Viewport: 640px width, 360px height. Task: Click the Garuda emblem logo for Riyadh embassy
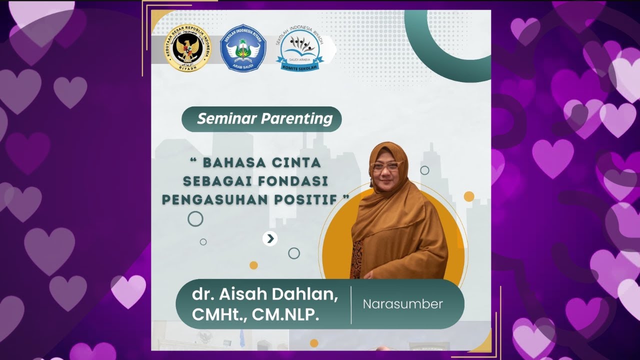(x=188, y=48)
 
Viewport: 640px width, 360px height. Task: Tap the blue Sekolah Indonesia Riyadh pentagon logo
(x=243, y=48)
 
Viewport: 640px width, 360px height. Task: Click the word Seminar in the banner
(x=227, y=119)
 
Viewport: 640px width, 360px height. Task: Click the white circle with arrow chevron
(x=270, y=238)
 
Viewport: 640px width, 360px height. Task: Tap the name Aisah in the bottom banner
(x=240, y=294)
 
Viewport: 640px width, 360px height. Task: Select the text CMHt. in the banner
(x=218, y=315)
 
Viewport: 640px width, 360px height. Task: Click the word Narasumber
(x=402, y=304)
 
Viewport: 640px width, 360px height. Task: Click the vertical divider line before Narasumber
(x=351, y=304)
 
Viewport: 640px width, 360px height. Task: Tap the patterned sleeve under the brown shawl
(x=357, y=260)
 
